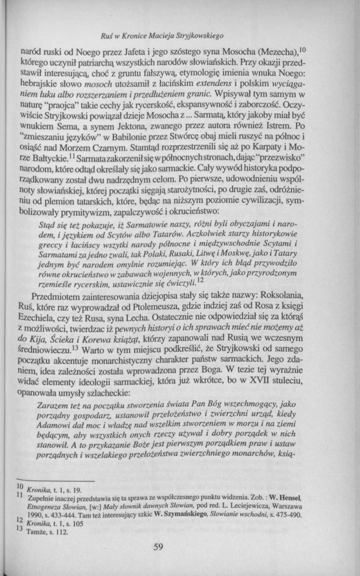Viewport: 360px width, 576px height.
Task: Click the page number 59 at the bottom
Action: pos(158,548)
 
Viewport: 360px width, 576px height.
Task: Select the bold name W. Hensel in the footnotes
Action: pos(285,499)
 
